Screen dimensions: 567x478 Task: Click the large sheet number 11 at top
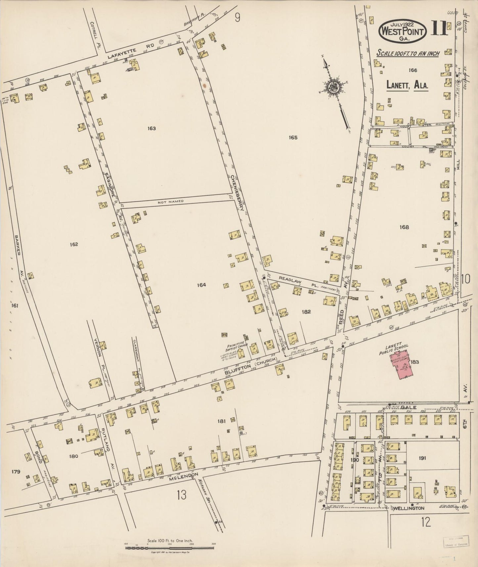coord(439,29)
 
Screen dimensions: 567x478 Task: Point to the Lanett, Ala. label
coord(408,85)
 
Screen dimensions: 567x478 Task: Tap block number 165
coord(293,137)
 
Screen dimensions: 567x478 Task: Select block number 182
coord(306,311)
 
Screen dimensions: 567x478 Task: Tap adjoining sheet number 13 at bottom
coord(181,495)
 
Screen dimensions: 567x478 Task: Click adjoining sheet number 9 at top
coord(237,17)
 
